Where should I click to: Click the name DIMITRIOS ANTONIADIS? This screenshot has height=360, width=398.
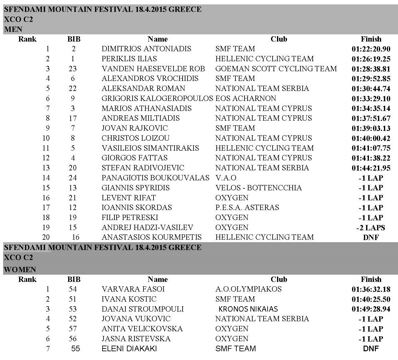pyautogui.click(x=146, y=49)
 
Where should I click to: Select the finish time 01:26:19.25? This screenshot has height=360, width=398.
pyautogui.click(x=371, y=59)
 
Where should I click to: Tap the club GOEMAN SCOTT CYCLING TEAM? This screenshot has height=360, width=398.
pyautogui.click(x=276, y=69)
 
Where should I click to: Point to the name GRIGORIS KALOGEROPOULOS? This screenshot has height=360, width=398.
pyautogui.click(x=157, y=98)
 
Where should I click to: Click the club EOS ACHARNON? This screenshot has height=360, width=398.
pyautogui.click(x=246, y=98)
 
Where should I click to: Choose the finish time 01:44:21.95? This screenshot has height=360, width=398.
pyautogui.click(x=371, y=168)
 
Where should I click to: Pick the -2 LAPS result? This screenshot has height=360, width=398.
pyautogui.click(x=371, y=227)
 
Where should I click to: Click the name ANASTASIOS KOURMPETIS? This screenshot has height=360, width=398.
pyautogui.click(x=152, y=237)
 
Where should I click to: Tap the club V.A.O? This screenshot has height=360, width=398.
pyautogui.click(x=226, y=178)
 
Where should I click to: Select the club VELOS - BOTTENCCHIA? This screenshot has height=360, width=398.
pyautogui.click(x=259, y=188)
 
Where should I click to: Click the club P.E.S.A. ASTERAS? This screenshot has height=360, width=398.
pyautogui.click(x=247, y=207)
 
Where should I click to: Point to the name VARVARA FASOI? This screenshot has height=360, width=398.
pyautogui.click(x=133, y=289)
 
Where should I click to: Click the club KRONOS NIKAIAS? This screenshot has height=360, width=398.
pyautogui.click(x=248, y=309)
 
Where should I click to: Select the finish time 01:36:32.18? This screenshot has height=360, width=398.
pyautogui.click(x=371, y=289)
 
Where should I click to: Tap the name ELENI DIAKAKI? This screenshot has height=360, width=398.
pyautogui.click(x=129, y=348)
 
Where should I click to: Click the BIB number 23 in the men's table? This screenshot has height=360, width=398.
pyautogui.click(x=73, y=69)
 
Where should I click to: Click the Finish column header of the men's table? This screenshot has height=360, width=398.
pyautogui.click(x=371, y=39)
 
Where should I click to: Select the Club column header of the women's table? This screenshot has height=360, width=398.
pyautogui.click(x=279, y=279)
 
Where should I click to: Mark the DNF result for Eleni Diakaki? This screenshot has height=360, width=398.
pyautogui.click(x=371, y=348)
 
